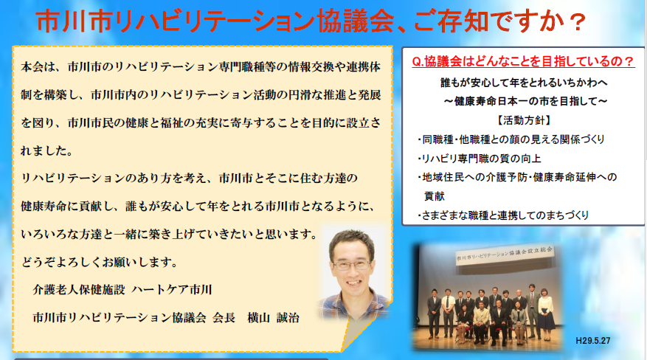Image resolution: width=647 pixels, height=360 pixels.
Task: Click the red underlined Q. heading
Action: [x=523, y=62]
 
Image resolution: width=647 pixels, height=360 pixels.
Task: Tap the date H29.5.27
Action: [x=593, y=341]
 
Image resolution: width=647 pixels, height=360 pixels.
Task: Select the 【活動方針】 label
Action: [x=523, y=120]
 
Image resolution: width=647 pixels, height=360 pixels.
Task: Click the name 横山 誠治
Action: [x=273, y=317]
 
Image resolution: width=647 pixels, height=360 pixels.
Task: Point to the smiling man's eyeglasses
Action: [x=352, y=264]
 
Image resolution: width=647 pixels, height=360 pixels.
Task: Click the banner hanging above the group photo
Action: [x=504, y=256]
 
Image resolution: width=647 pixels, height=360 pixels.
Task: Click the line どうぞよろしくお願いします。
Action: [x=100, y=261]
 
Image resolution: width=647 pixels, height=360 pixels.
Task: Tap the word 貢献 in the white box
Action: [x=435, y=196]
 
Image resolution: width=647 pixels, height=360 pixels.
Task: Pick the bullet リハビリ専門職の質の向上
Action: [x=480, y=159]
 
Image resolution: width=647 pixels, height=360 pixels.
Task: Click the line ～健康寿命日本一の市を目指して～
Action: [x=525, y=102]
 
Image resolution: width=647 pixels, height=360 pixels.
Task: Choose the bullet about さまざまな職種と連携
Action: [x=503, y=215]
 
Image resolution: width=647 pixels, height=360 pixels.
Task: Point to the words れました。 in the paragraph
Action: [x=47, y=151]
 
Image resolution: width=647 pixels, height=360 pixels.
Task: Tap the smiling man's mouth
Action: [x=353, y=283]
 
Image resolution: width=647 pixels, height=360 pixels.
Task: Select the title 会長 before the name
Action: [x=224, y=317]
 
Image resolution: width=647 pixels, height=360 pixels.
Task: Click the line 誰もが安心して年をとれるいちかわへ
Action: [x=524, y=83]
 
